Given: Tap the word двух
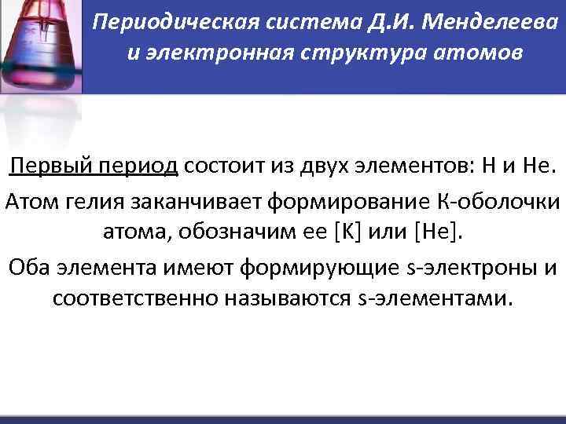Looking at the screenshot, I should point(319,166).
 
